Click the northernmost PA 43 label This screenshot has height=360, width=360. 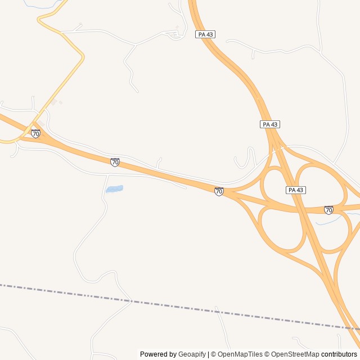(205, 34)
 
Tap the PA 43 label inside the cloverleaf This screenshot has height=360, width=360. (296, 190)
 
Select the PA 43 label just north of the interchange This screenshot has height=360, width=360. (270, 124)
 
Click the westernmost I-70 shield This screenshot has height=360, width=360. (36, 133)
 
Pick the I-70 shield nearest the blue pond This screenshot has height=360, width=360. (115, 162)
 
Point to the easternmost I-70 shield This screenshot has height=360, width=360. (328, 210)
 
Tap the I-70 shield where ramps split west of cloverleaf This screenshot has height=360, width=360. (219, 191)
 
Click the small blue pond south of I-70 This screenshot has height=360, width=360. (114, 189)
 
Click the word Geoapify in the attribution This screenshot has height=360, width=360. (192, 354)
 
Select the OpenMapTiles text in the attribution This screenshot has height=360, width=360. (240, 354)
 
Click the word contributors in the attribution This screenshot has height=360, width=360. (339, 354)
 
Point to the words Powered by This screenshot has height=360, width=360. (158, 354)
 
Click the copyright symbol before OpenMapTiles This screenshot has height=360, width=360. (213, 354)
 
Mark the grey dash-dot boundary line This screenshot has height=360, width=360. (169, 304)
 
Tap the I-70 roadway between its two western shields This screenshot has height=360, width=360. (76, 148)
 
